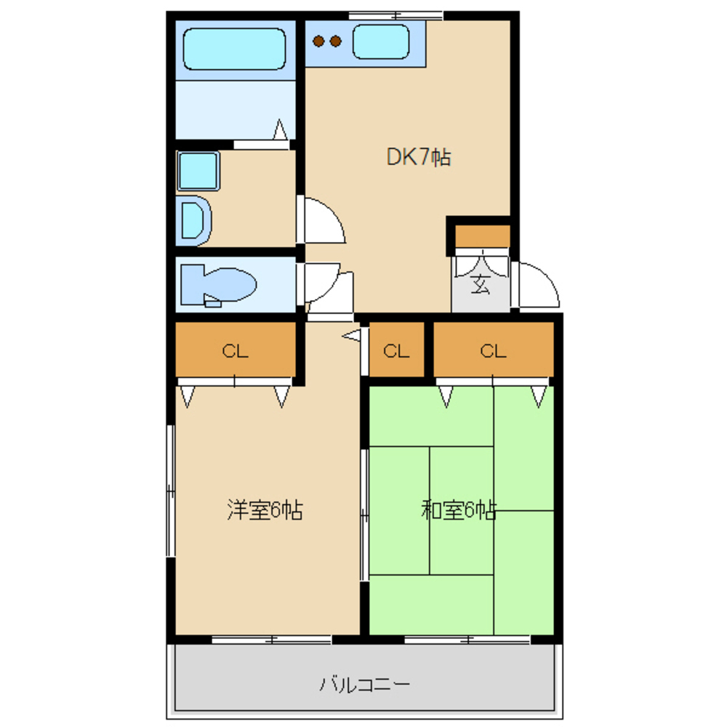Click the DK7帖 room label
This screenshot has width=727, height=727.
coord(419,157)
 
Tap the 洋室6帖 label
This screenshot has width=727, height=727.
coord(265,510)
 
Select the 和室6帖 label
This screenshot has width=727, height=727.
coord(459,510)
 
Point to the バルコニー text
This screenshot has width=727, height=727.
coord(365,684)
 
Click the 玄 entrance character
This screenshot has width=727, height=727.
coord(481,284)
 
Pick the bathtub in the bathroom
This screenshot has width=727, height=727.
coord(235,49)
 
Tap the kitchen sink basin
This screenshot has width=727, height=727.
coord(381,41)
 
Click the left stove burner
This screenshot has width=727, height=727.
coord(318,41)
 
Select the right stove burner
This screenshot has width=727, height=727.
coord(336,41)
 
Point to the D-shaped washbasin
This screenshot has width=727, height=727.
coord(194,221)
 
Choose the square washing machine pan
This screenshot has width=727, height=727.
coord(198,171)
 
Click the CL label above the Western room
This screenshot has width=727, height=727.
coord(235,351)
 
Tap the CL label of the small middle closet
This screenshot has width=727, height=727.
coord(396,351)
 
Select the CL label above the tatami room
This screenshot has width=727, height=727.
coord(494,351)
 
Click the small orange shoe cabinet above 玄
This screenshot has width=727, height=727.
coord(483,236)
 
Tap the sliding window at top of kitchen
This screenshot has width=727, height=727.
coord(396,16)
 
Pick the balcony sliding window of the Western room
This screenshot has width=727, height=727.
coord(272,640)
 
